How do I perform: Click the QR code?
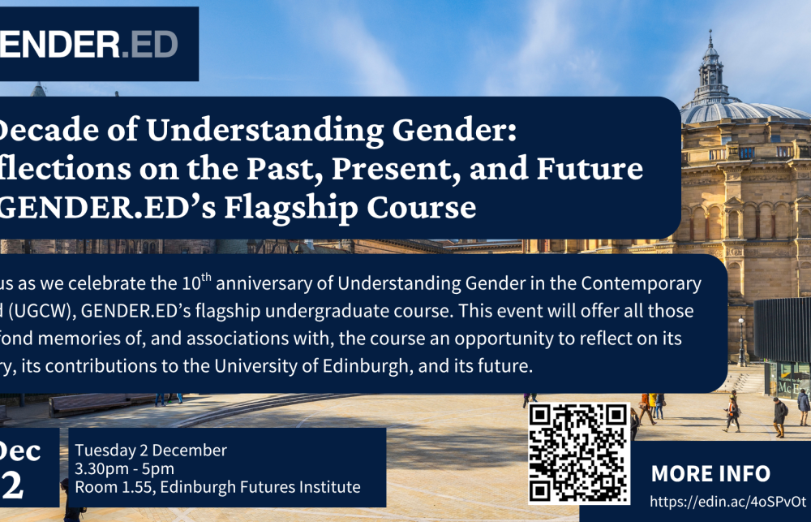point(578,452)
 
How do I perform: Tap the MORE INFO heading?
point(710,473)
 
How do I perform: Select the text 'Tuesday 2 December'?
point(151,451)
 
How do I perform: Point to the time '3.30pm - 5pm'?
point(124,469)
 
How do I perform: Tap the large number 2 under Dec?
point(14,485)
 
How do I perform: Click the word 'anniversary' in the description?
point(268,284)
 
